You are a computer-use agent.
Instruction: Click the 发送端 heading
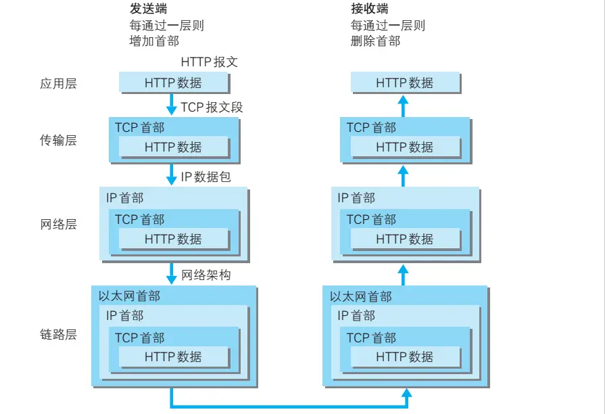149,9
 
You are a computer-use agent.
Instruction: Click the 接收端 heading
370,9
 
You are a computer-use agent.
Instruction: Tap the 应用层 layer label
58,84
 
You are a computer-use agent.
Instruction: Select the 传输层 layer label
58,140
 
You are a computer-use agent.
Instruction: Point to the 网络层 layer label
58,224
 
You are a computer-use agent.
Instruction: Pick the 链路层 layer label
58,335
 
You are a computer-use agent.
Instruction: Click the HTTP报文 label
210,62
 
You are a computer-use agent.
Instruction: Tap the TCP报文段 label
212,107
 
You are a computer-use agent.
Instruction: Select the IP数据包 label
206,177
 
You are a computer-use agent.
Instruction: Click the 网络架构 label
206,275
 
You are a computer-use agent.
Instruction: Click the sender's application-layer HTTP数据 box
173,83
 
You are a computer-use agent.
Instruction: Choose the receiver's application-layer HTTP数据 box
405,83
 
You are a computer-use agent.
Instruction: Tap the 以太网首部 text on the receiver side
361,296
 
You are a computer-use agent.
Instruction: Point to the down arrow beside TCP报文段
171,106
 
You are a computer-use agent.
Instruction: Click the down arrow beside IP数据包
171,176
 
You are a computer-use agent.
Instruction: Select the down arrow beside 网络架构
171,274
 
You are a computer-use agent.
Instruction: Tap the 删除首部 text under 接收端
375,41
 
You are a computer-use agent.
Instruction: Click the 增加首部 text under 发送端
154,41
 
